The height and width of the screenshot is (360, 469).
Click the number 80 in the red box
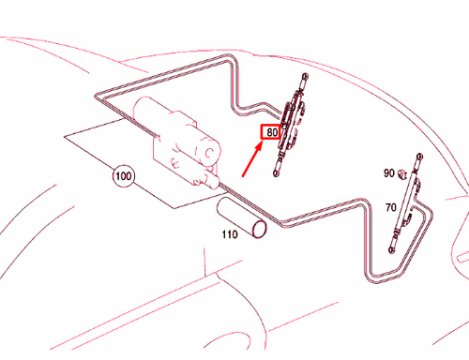[x=271, y=133]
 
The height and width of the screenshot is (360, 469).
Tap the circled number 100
[x=122, y=174]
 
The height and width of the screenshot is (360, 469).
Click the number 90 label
[x=388, y=173]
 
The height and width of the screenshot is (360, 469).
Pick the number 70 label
[x=389, y=207]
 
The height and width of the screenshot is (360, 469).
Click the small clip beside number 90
[x=403, y=172]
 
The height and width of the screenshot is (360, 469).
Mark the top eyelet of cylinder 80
[x=303, y=78]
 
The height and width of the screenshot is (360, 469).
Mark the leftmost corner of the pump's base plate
[x=66, y=137]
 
